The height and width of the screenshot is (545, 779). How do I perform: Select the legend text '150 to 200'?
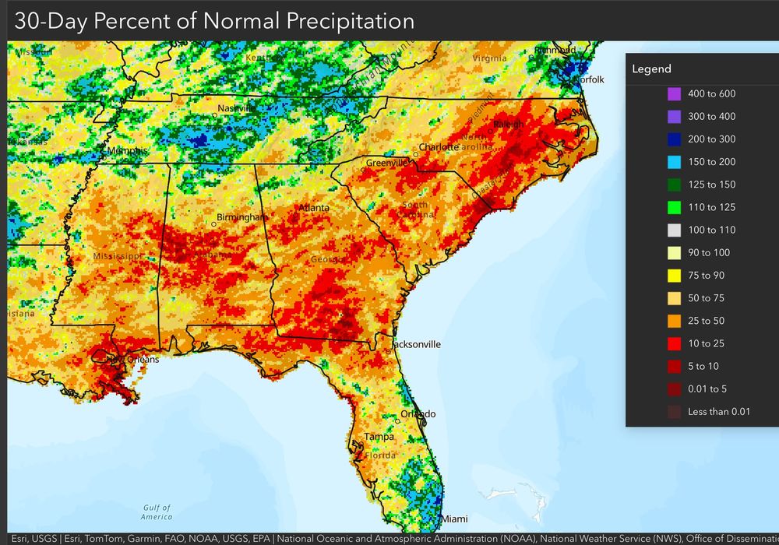point(712,162)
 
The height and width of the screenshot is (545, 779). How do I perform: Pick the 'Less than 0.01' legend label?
point(719,412)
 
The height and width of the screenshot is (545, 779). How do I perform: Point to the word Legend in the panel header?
point(651,69)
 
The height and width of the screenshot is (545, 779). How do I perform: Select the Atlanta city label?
point(315,208)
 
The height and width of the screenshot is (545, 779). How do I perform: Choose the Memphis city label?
point(127,150)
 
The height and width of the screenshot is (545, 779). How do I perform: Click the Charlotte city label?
point(439,147)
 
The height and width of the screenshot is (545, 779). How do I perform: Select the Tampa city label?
point(379,437)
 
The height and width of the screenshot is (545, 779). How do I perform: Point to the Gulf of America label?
point(157,512)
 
